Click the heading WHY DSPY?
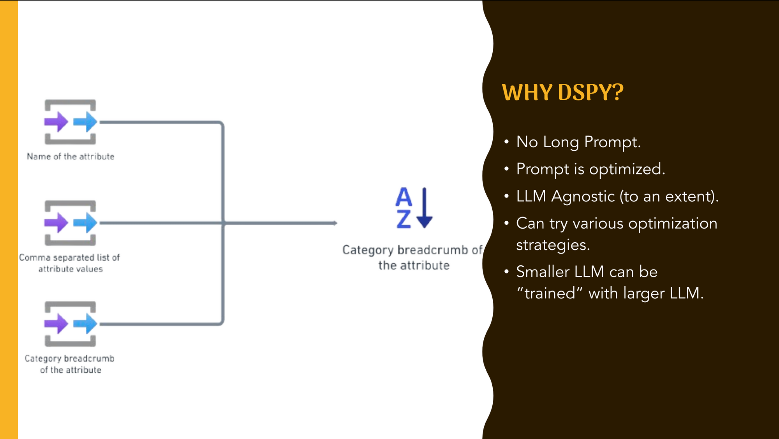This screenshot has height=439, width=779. [562, 93]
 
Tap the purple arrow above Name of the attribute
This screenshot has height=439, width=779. [56, 122]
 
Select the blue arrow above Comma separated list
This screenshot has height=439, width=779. [85, 223]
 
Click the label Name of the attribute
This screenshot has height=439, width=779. [70, 157]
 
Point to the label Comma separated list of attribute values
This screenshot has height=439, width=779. [70, 263]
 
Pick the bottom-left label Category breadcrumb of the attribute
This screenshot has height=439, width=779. [70, 364]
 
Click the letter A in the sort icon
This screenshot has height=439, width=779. [404, 197]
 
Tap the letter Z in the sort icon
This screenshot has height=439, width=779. [404, 219]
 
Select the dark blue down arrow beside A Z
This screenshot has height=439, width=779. [425, 208]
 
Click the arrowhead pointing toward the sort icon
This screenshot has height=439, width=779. [335, 223]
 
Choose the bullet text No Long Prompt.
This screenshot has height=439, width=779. [578, 142]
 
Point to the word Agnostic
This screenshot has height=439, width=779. [583, 196]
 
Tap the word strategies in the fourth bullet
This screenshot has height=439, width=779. [553, 245]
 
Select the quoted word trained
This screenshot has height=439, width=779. [550, 293]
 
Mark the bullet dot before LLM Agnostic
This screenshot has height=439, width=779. [506, 196]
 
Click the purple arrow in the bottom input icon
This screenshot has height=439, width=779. [56, 324]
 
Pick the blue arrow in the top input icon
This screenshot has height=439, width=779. [85, 122]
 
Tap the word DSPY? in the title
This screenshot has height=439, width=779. [590, 93]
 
